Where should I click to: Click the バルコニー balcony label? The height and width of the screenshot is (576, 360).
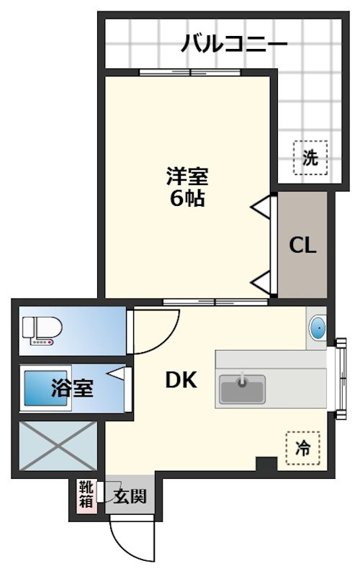coord(235,43)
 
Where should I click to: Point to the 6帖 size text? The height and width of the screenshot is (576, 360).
coord(187,198)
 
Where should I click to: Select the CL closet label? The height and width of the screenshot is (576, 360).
coord(302,246)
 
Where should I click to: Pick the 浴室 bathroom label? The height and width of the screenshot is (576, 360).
coord(71,390)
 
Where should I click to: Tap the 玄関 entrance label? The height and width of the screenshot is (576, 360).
coord(131,496)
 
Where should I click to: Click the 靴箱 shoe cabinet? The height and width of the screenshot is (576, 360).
coord(86,495)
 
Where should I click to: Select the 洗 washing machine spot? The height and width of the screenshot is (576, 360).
coord(310,158)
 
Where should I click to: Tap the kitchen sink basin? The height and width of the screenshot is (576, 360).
coord(242,389)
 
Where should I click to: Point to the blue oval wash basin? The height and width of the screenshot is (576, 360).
coord(318,330)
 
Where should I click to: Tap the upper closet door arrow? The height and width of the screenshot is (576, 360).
coord(262,207)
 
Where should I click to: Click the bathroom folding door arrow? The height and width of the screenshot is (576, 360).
coord(118,374)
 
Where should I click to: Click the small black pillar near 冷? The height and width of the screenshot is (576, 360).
coord(266,464)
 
